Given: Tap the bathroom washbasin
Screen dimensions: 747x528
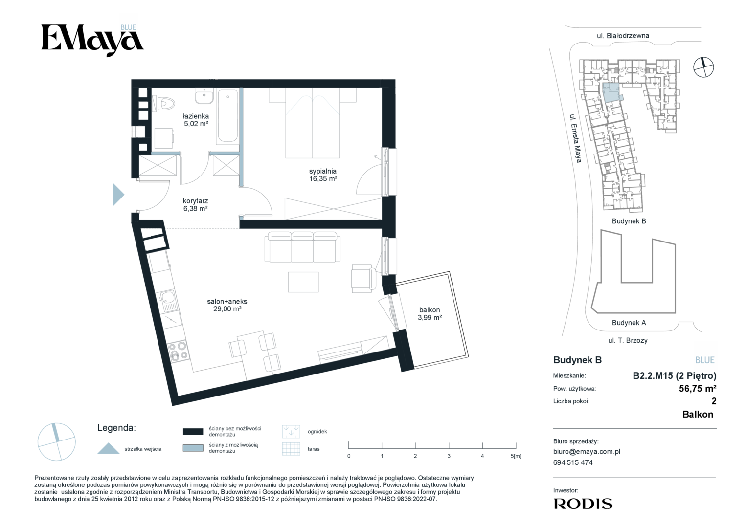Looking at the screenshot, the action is pos(204,96).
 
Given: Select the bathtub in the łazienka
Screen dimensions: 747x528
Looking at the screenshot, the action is pos(227,116).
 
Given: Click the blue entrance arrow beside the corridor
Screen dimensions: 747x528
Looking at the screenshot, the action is pos(118,195).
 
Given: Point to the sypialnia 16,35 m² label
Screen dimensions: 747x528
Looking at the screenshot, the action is pos(323,175).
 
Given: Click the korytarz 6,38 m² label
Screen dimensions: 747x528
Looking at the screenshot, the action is pos(195,205).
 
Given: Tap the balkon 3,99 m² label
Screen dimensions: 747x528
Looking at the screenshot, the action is pos(430,314).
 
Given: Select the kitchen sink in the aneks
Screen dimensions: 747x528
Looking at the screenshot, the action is pos(169,301).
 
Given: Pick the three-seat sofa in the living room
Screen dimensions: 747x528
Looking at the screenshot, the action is pos(302,247).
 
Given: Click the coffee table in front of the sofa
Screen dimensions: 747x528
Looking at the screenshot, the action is pos(303,282).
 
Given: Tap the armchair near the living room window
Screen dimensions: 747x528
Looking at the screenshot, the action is pos(363,279).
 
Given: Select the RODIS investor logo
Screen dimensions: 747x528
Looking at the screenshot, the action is pos(583,504).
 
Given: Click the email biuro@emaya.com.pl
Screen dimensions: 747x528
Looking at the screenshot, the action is pos(587,452).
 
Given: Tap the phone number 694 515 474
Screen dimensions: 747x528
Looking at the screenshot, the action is pos(573,462).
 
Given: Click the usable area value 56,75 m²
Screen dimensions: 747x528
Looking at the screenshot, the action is pos(698,388).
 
